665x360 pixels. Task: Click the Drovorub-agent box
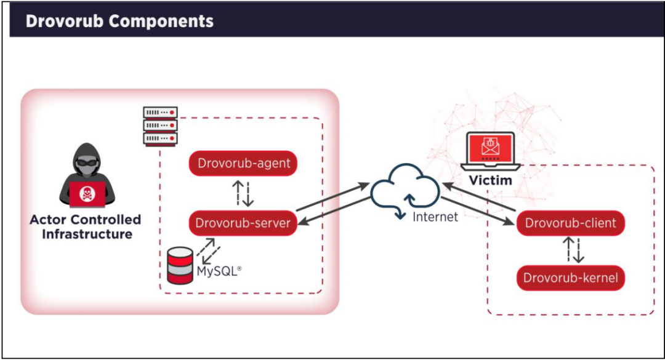[x=243, y=163]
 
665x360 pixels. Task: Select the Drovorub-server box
[x=243, y=223]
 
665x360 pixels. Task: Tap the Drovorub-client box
[x=570, y=223]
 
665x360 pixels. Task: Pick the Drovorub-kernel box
[x=570, y=278]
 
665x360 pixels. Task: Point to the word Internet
[x=435, y=217]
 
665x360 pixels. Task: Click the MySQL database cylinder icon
[x=180, y=265]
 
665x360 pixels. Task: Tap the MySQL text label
[x=219, y=271]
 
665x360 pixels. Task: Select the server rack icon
[x=160, y=126]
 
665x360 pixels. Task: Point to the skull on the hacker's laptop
[x=87, y=194]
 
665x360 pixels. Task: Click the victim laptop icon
[x=491, y=151]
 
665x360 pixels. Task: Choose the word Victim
[x=491, y=180]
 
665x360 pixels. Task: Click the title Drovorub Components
[x=119, y=21]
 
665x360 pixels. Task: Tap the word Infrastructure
[x=87, y=234]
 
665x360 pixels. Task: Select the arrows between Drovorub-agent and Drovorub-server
[x=243, y=193]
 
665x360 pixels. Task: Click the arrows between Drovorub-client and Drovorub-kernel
[x=573, y=250]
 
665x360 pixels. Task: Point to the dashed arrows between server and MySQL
[x=208, y=251]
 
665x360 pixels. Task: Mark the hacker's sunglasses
[x=87, y=162]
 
